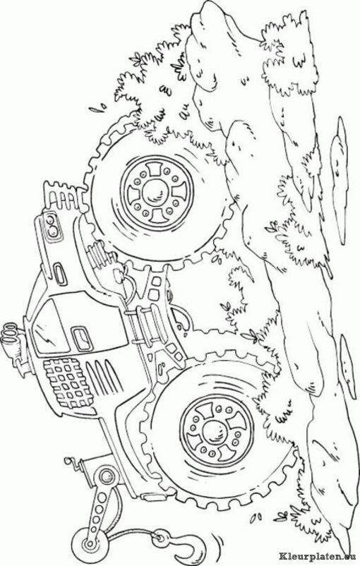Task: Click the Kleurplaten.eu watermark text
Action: (318, 558)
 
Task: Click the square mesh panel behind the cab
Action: (68, 383)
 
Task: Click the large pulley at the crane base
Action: (107, 476)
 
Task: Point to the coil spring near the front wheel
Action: (97, 255)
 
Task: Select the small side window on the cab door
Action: (82, 339)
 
